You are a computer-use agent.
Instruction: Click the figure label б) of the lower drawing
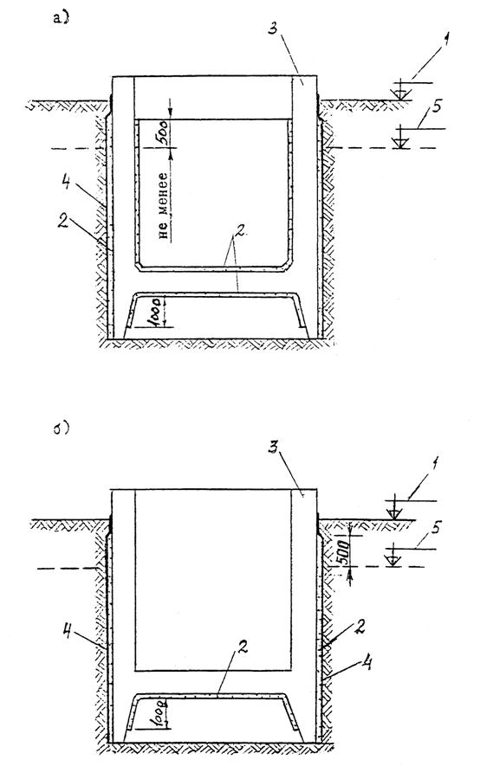(x=61, y=428)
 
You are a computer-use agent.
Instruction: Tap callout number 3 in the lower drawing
(x=273, y=448)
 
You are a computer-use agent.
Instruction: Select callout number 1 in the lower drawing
(x=435, y=464)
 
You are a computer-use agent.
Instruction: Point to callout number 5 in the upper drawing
(x=437, y=107)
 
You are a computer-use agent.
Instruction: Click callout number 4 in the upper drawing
(x=65, y=183)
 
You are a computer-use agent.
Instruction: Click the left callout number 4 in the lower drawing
(x=68, y=633)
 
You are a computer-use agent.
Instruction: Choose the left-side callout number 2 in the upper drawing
(x=63, y=222)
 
